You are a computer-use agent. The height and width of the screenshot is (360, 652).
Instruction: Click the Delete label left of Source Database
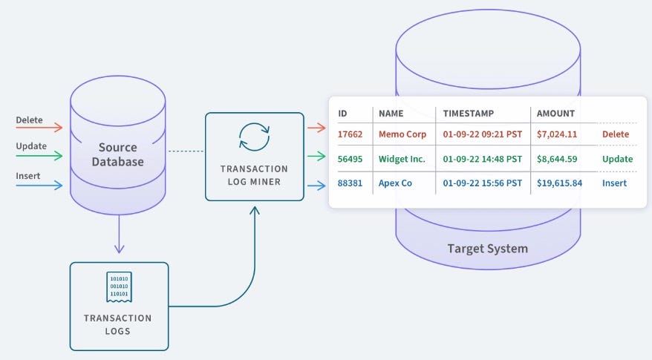(29, 120)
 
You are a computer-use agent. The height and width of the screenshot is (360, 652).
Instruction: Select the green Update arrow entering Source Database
(39, 157)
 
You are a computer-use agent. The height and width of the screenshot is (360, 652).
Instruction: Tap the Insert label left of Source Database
(28, 176)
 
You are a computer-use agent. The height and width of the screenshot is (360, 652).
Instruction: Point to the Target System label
(487, 248)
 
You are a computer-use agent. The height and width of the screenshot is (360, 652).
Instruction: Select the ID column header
(343, 114)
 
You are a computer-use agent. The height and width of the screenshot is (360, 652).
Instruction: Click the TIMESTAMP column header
(469, 114)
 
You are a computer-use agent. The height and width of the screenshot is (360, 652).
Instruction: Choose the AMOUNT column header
(555, 114)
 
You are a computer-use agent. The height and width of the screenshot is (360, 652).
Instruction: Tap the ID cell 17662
(350, 134)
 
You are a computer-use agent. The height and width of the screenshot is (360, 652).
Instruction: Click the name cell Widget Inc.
(402, 159)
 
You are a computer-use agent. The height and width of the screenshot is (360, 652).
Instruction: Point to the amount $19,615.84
(559, 183)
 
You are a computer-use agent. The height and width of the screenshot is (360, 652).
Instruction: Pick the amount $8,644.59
(556, 159)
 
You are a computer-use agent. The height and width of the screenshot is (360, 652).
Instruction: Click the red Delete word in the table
(615, 134)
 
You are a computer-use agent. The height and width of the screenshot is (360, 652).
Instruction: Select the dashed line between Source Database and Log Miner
(186, 151)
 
